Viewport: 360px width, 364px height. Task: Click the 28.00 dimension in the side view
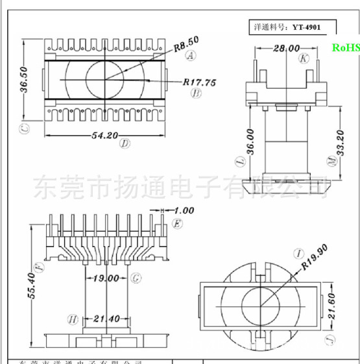pyautogui.click(x=286, y=48)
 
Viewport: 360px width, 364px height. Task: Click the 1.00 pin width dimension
pyautogui.click(x=185, y=211)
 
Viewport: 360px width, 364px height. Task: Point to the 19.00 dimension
pyautogui.click(x=106, y=278)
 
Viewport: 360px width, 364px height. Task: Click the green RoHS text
pyautogui.click(x=345, y=47)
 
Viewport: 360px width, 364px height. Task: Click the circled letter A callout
pyautogui.click(x=191, y=56)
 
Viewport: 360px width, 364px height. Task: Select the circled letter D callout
pyautogui.click(x=125, y=144)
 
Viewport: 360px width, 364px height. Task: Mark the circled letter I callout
pyautogui.click(x=299, y=252)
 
